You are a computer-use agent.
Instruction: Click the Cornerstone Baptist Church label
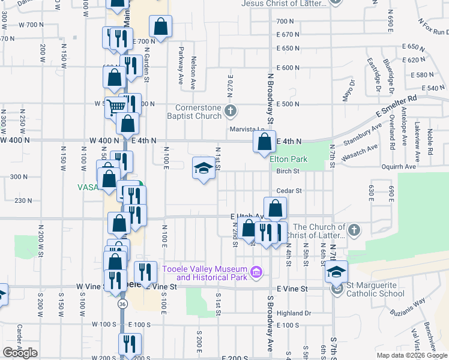pyautogui.click(x=199, y=112)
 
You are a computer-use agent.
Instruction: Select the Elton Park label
pyautogui.click(x=288, y=159)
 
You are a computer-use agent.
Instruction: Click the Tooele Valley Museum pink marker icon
pyautogui.click(x=257, y=273)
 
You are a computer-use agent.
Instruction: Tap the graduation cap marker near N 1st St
pyautogui.click(x=203, y=168)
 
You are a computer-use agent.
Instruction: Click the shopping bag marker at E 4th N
pyautogui.click(x=264, y=143)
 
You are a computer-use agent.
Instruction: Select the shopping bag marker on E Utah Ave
pyautogui.click(x=275, y=209)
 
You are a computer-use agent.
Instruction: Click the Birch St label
pyautogui.click(x=288, y=171)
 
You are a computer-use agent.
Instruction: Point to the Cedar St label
pyautogui.click(x=288, y=191)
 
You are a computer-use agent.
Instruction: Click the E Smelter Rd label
pyautogui.click(x=396, y=106)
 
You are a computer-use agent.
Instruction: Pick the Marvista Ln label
pyautogui.click(x=246, y=130)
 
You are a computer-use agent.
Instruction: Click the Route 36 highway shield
pyautogui.click(x=122, y=304)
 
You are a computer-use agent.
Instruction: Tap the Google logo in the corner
pyautogui.click(x=20, y=353)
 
